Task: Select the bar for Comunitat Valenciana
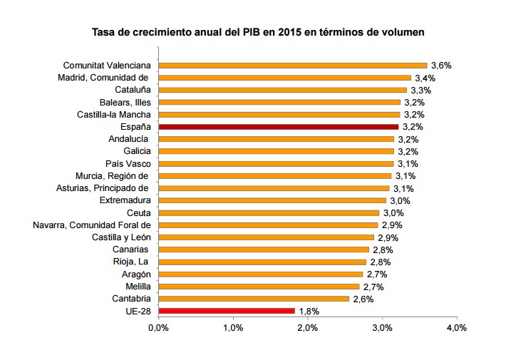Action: pos(292,65)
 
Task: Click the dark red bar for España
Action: pos(278,126)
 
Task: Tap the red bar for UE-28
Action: pos(226,311)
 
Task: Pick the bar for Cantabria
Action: pos(253,299)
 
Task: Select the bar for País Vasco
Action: pos(275,163)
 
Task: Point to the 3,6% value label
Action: pos(442,65)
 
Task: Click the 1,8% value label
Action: pos(309,312)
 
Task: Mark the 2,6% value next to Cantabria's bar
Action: pos(363,299)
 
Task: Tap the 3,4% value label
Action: pos(425,78)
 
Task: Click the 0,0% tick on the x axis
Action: pos(158,328)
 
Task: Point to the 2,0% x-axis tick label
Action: pos(307,328)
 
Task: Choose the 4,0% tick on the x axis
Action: pos(456,328)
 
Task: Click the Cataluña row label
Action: pos(132,90)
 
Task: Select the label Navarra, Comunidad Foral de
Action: pos(91,225)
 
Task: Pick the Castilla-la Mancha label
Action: pos(113,114)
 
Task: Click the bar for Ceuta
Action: pos(268,212)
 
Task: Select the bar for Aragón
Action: pos(260,274)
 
